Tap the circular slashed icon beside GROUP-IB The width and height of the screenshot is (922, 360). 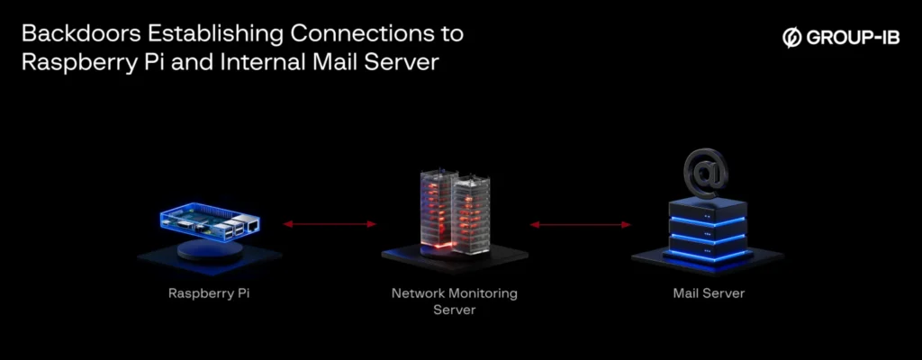coord(792,38)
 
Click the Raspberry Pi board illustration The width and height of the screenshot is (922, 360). coord(207,220)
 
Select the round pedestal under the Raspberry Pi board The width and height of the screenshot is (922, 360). coord(209,249)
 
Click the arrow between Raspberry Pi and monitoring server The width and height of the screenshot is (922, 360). coord(330,224)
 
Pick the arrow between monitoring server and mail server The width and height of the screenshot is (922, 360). coord(578,224)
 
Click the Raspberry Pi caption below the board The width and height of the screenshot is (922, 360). coord(208,293)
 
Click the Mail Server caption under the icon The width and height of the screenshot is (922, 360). coord(709,293)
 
